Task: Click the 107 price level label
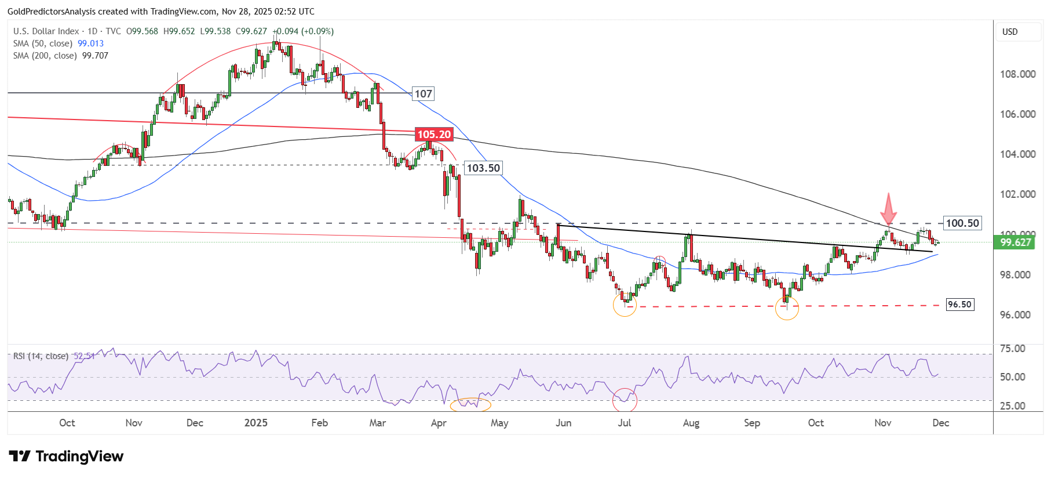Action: coord(423,94)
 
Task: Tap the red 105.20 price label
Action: coord(434,135)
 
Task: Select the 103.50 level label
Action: coord(483,168)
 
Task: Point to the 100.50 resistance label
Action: coord(962,223)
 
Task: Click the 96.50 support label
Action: coord(959,305)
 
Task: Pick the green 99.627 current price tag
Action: coord(1015,242)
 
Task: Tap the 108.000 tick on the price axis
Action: coord(1017,74)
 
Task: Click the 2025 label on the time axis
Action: coord(256,423)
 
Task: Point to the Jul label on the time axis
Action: coord(624,423)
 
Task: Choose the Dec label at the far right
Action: coord(940,423)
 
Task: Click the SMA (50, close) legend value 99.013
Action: coord(90,44)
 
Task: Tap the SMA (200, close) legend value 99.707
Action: coord(95,56)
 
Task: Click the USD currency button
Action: coord(1010,32)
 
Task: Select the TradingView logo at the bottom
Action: coord(66,457)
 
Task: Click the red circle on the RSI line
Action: coord(625,400)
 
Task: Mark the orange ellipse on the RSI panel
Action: coord(470,404)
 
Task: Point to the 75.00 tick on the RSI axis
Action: coord(1013,349)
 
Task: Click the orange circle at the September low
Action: coord(787,308)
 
